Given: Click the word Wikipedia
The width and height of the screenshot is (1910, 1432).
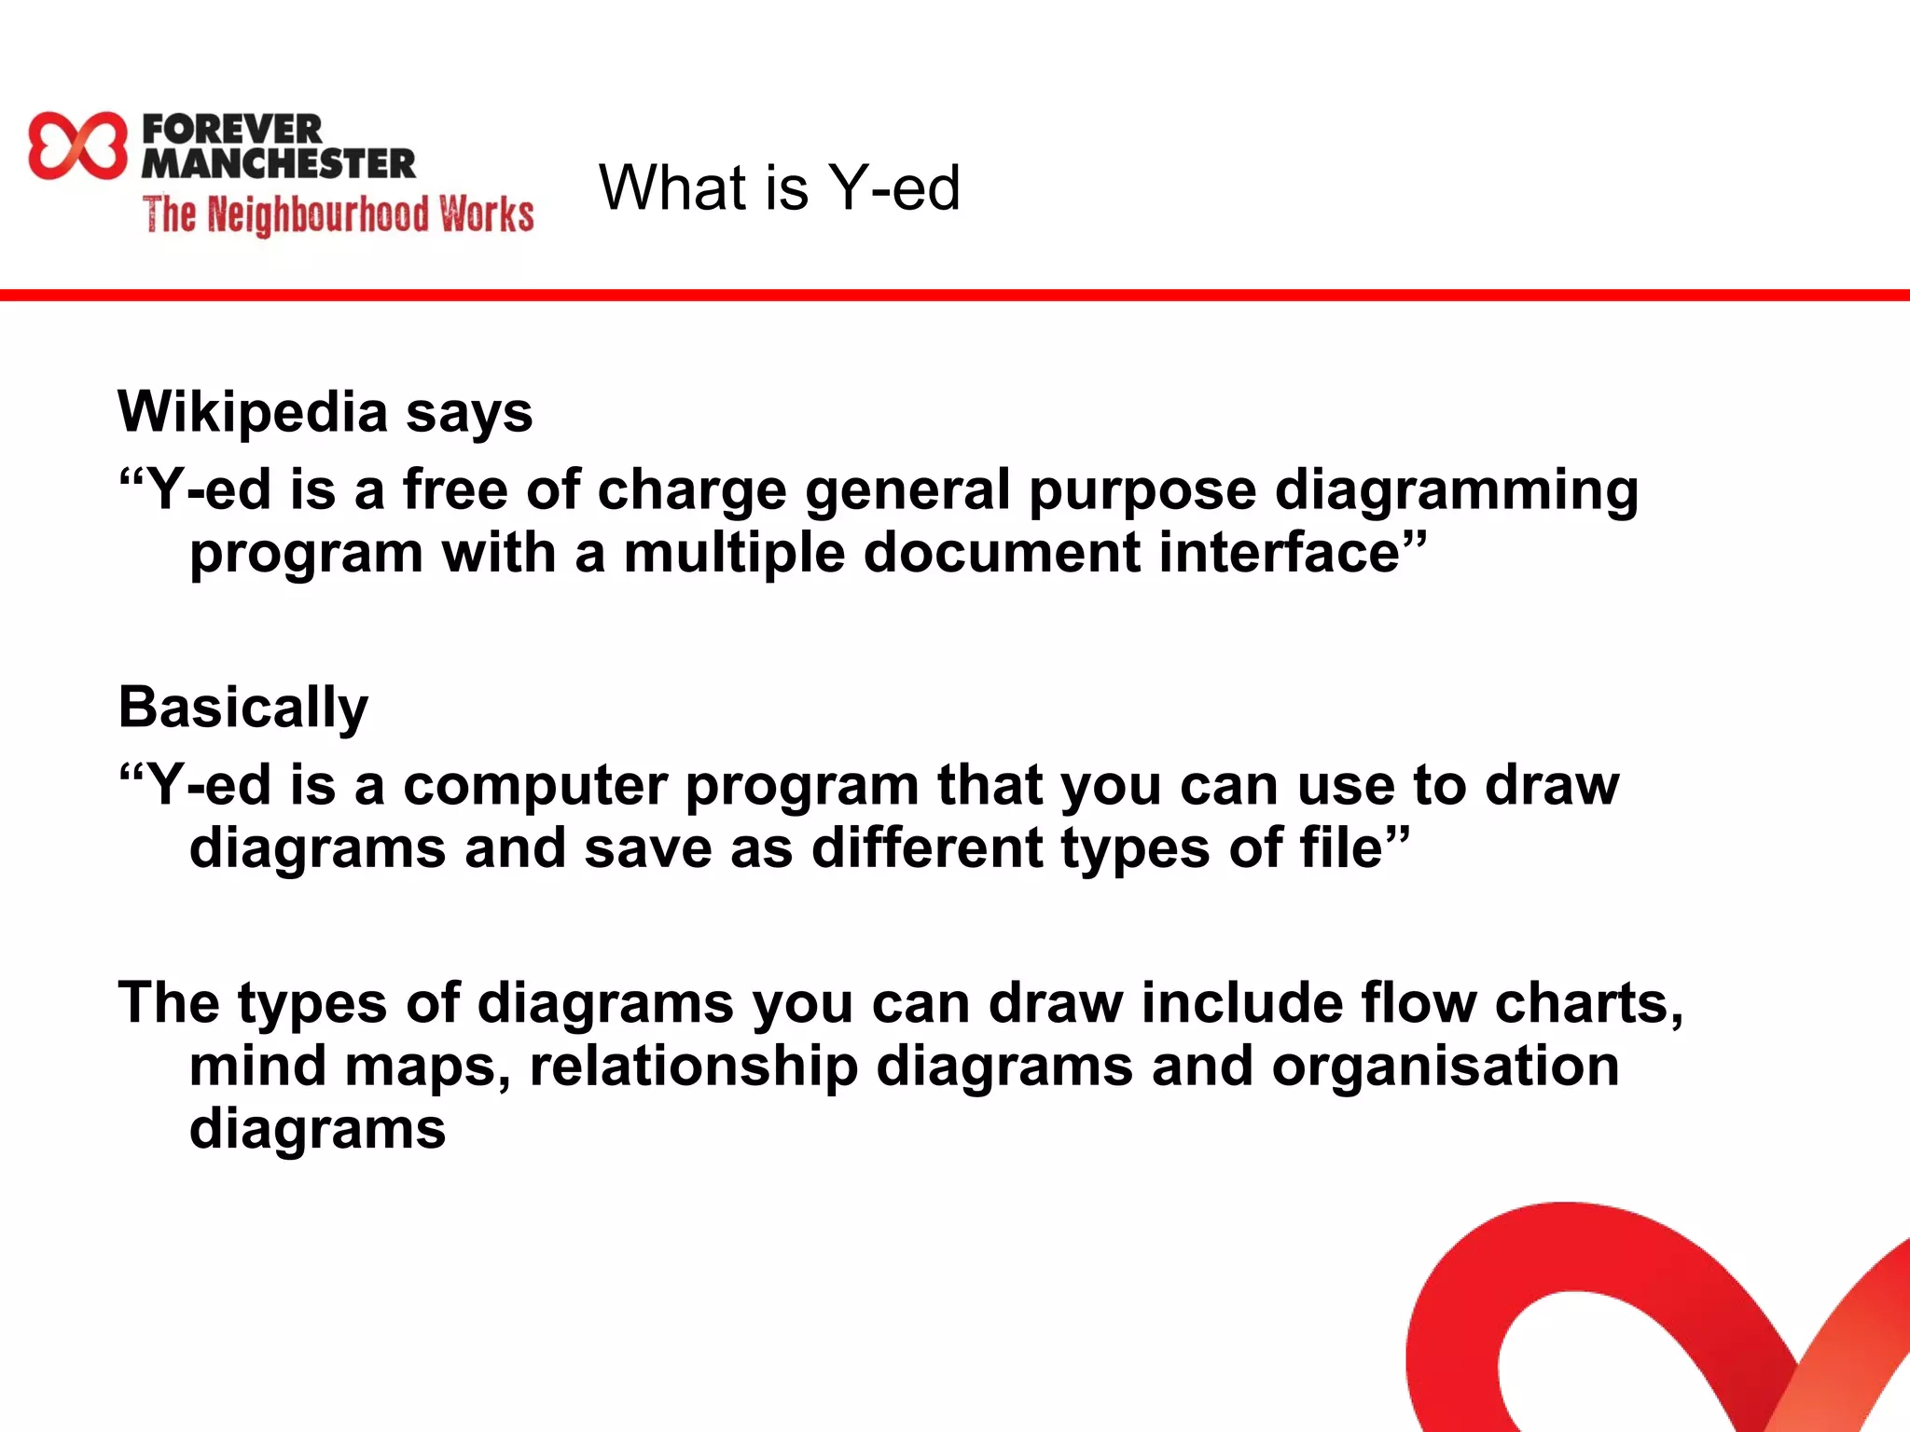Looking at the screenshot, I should pyautogui.click(x=252, y=412).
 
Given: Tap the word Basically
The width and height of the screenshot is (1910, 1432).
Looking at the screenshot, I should pyautogui.click(x=243, y=708).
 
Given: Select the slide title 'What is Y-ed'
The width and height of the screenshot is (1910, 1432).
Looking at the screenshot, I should pyautogui.click(x=779, y=187).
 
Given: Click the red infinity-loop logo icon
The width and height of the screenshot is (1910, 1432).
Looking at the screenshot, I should pyautogui.click(x=77, y=145).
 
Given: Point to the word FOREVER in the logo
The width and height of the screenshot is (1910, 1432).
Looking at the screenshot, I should pyautogui.click(x=232, y=129).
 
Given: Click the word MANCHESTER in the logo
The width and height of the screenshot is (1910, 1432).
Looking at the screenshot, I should pyautogui.click(x=278, y=163).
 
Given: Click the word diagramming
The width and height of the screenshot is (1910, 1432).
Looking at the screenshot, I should pyautogui.click(x=1456, y=490).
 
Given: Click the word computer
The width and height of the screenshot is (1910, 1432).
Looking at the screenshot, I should pyautogui.click(x=535, y=785).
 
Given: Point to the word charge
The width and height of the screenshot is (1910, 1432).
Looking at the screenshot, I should pyautogui.click(x=691, y=490).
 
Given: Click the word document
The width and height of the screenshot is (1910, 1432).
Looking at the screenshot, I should pyautogui.click(x=1002, y=553).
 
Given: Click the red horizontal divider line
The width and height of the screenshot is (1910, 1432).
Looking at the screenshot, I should pyautogui.click(x=955, y=296).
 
